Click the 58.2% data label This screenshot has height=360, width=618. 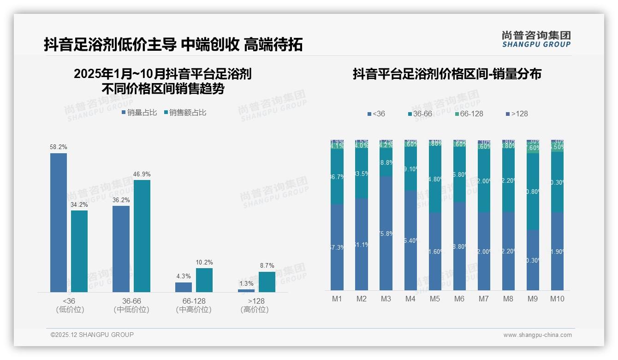59,147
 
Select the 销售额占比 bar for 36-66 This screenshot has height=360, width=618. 142,236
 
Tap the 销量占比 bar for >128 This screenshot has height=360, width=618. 246,290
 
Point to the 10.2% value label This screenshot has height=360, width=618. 204,262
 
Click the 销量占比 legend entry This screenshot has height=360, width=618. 139,113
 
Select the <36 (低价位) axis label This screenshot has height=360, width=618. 70,305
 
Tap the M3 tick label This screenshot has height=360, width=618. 386,299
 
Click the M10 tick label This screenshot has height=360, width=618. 557,299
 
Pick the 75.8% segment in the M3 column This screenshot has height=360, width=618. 386,233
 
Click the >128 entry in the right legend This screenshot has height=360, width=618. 517,114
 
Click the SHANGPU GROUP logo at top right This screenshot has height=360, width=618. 536,39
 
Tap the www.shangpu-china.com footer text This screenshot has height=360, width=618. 537,335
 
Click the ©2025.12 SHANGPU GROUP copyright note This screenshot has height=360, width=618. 92,335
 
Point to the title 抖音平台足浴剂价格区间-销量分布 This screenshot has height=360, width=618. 447,74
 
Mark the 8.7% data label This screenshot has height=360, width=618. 267,265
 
